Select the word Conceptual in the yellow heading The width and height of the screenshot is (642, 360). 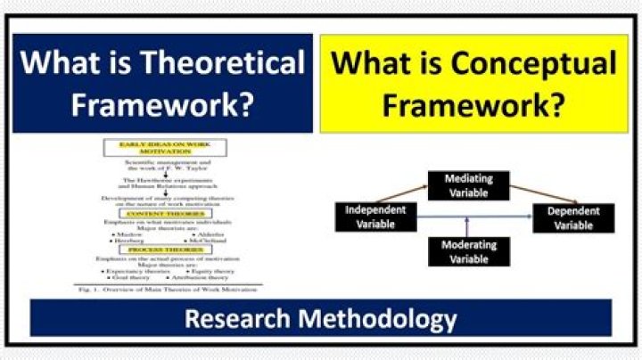tap(532, 64)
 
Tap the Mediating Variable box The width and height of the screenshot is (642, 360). tap(469, 184)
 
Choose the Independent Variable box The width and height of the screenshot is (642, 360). tap(374, 217)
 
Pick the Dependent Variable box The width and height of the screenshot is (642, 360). tap(573, 217)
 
